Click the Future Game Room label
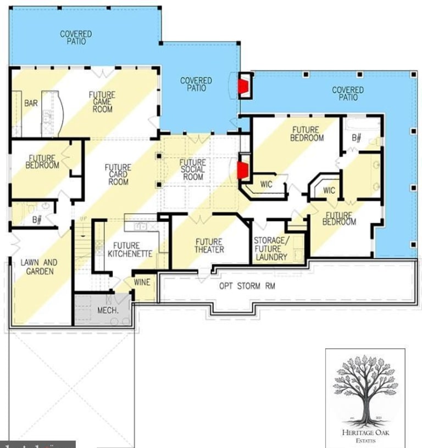pos(102,102)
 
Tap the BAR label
pos(31,103)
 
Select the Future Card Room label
pos(118,175)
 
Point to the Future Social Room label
pos(193,169)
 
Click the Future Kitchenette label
pos(130,249)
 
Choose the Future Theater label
pos(209,246)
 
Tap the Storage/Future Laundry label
pos(270,248)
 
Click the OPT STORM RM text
pos(247,286)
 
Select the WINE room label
pos(142,282)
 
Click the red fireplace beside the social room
pos(242,169)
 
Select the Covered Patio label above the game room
pos(76,37)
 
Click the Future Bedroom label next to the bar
pos(43,162)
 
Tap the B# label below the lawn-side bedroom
pos(37,220)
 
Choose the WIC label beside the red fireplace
pos(266,185)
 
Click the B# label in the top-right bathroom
pos(356,138)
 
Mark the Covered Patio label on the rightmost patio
pos(348,93)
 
